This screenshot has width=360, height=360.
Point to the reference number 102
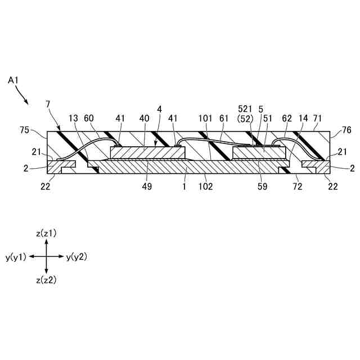pos(206,187)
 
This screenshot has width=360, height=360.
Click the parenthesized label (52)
pos(246,119)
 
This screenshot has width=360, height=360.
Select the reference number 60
pos(89,119)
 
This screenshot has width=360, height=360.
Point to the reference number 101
pos(205,119)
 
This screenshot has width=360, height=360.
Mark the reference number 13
pos(73,119)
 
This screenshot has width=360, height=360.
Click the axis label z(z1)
pos(46,232)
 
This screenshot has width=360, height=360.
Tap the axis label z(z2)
pos(46,280)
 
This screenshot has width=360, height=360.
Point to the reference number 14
pos(304,119)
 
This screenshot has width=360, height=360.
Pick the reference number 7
pos(48,104)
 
